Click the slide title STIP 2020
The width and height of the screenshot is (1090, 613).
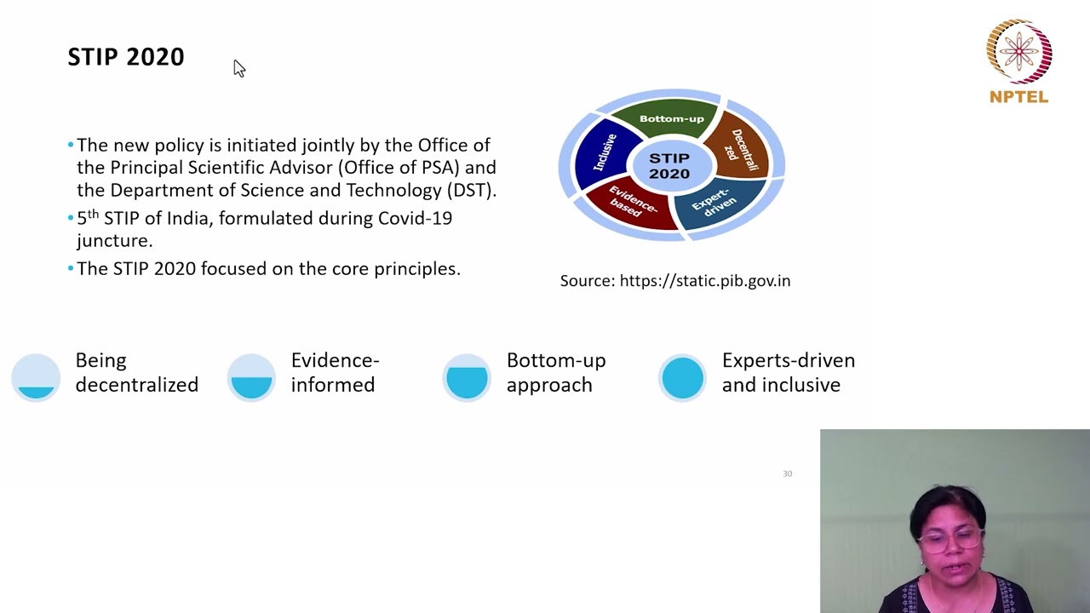coord(126,57)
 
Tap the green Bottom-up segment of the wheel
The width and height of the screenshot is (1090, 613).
coord(671,118)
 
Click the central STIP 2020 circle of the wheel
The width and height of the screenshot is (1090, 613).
coord(669,166)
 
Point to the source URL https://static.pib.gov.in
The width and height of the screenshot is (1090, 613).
coord(704,281)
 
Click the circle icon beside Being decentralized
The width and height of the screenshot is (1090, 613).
coord(36,377)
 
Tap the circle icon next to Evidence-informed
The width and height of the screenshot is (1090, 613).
coord(251,377)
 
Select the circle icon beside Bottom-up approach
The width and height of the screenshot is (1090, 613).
coord(467,377)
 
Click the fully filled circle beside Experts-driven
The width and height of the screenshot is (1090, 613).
coord(682,377)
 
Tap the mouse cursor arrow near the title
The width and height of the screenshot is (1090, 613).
coord(238,68)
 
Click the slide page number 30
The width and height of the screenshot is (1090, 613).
coord(787,473)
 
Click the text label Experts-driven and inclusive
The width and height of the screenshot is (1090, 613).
coord(788,372)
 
